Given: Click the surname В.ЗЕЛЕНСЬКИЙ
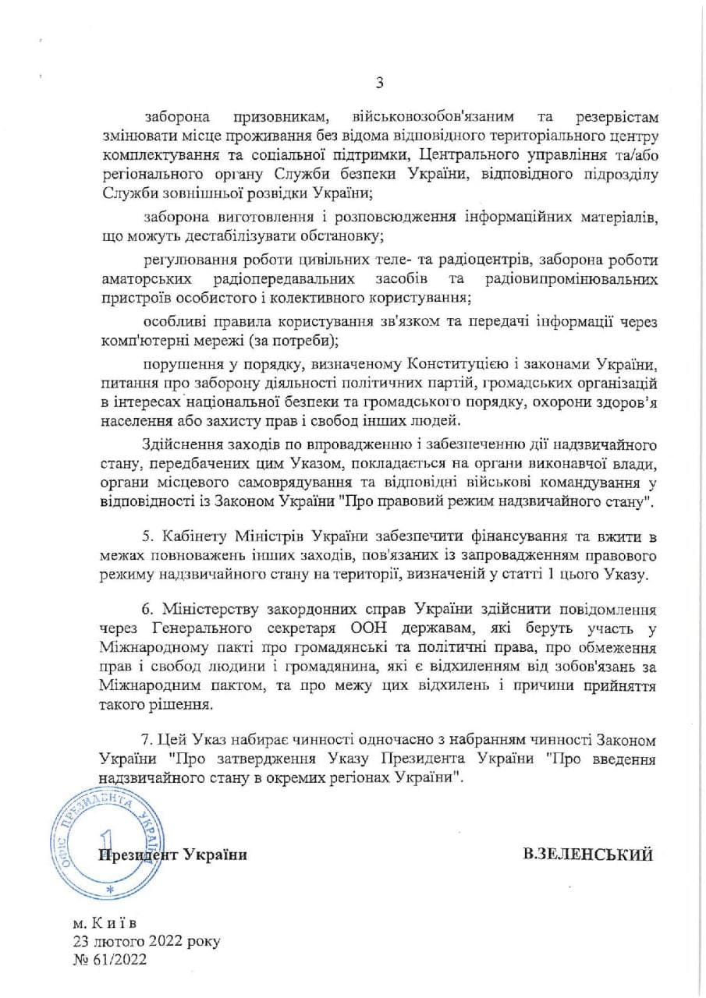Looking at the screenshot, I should coord(587,854).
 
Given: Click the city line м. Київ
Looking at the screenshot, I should coord(105,924).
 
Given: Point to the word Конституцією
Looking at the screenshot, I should coord(448,364).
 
